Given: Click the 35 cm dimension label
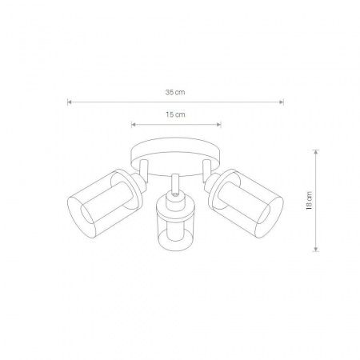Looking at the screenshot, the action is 175,93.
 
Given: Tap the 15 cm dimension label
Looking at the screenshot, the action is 175,114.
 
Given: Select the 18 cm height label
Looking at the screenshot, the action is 309,201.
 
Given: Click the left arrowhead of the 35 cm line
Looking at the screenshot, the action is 69,102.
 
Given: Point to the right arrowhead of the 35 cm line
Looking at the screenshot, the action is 282,102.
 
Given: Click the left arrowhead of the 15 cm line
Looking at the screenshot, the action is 134,124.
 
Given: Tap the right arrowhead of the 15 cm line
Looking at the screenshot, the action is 219,124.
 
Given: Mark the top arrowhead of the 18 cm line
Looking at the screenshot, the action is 316,152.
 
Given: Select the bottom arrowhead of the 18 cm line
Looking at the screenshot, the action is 316,249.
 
